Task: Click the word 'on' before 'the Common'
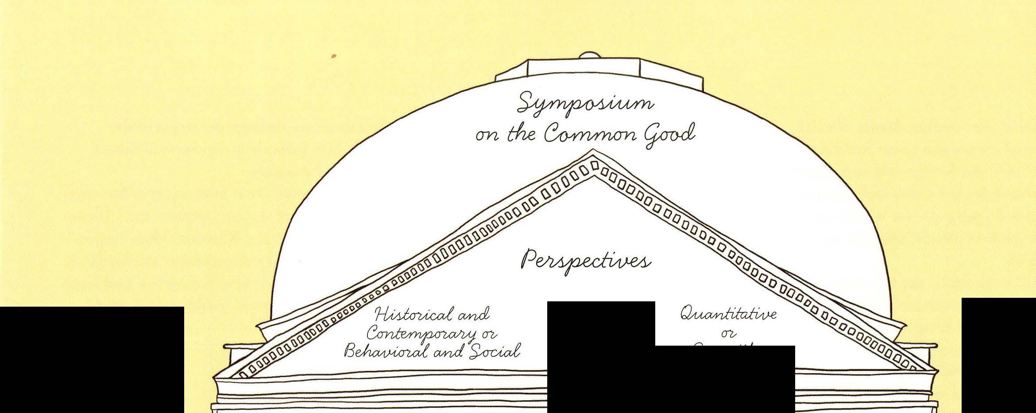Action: [x=487, y=136]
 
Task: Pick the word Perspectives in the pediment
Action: [x=585, y=261]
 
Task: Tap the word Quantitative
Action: [x=728, y=314]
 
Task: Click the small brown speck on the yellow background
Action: [x=334, y=56]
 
